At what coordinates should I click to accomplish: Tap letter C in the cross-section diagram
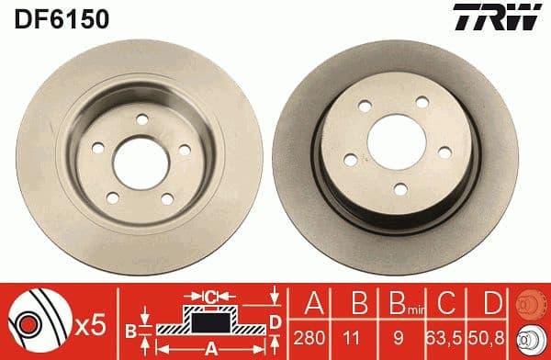[211, 297]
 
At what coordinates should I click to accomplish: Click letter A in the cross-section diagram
[210, 347]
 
